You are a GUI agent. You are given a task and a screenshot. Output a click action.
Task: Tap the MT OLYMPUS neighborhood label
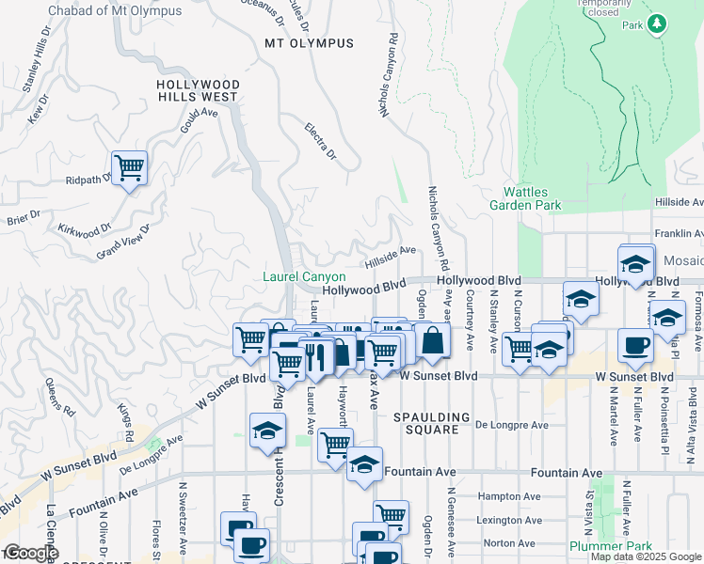tap(309, 43)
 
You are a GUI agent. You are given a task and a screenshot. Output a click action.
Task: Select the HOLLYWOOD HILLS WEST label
tap(198, 90)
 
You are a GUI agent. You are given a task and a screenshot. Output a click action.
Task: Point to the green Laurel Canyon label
tap(304, 277)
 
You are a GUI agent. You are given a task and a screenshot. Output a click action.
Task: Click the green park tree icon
tap(658, 23)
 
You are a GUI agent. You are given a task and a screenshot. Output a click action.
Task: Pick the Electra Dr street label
tap(320, 141)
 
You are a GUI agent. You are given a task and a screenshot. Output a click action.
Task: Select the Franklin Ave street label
tap(678, 234)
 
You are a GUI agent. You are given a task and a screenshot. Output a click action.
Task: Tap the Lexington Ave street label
tap(508, 520)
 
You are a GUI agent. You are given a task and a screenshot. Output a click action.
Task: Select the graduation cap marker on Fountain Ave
tap(364, 464)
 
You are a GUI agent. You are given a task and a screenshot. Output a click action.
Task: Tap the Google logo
tap(30, 553)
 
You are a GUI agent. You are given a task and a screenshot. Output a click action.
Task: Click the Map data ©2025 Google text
tap(645, 556)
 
